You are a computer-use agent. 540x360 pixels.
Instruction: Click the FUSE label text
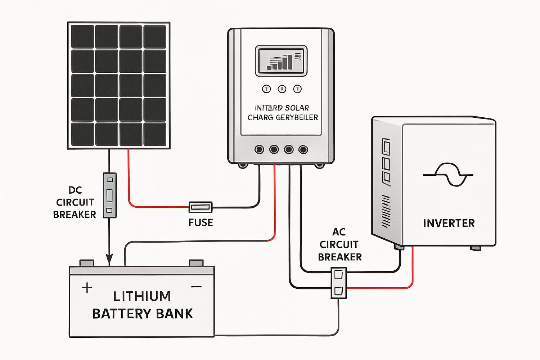pos(201,222)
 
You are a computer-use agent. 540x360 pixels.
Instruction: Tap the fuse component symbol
pos(201,207)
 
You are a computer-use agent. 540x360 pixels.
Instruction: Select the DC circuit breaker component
pos(110,195)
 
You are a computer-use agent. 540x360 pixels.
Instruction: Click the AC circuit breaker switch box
pos(338,283)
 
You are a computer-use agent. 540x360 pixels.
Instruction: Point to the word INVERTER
pos(449,223)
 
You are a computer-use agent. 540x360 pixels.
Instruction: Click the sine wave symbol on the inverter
pos(448,175)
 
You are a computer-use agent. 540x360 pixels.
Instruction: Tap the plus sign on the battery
pos(87,288)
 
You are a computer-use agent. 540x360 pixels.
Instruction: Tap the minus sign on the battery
pos(196,287)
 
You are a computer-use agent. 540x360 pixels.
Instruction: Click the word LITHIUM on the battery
pos(142,296)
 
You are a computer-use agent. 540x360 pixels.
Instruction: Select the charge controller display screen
pos(281,61)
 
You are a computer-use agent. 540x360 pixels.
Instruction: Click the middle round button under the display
pos(282,89)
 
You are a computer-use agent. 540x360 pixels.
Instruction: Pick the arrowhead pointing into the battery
pos(109,259)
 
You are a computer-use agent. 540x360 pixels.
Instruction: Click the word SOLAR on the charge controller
pos(297,108)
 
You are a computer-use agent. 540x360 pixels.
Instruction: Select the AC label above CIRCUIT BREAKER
pos(339,232)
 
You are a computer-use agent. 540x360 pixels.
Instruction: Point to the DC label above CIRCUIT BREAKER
pos(75,190)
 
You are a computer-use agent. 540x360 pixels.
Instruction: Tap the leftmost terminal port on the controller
pos(259,149)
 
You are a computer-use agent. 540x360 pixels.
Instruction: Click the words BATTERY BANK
pos(143,314)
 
